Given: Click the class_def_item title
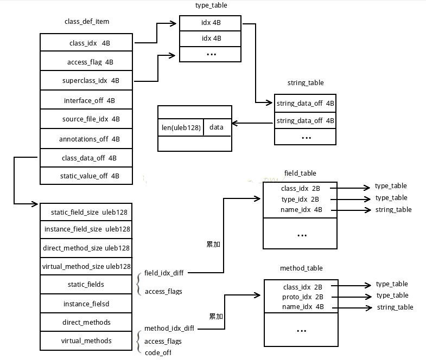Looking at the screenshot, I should click(x=87, y=21).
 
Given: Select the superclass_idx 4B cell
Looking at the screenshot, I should click(x=87, y=81).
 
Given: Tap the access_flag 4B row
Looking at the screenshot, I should click(x=87, y=62).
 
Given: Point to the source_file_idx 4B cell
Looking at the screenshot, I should click(x=87, y=119).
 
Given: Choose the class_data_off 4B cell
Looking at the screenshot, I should click(x=87, y=158).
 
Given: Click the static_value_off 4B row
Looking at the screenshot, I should click(x=87, y=176).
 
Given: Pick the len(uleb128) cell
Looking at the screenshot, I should click(x=181, y=127).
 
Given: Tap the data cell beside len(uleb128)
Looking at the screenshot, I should click(x=217, y=127).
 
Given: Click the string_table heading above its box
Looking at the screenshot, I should click(x=306, y=83).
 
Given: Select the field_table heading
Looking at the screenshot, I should click(x=300, y=173).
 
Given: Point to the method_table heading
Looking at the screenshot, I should click(x=301, y=268).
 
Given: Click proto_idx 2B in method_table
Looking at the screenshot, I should click(x=302, y=297).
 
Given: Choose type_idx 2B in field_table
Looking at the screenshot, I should click(x=300, y=199).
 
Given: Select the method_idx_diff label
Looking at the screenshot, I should click(x=169, y=329).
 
